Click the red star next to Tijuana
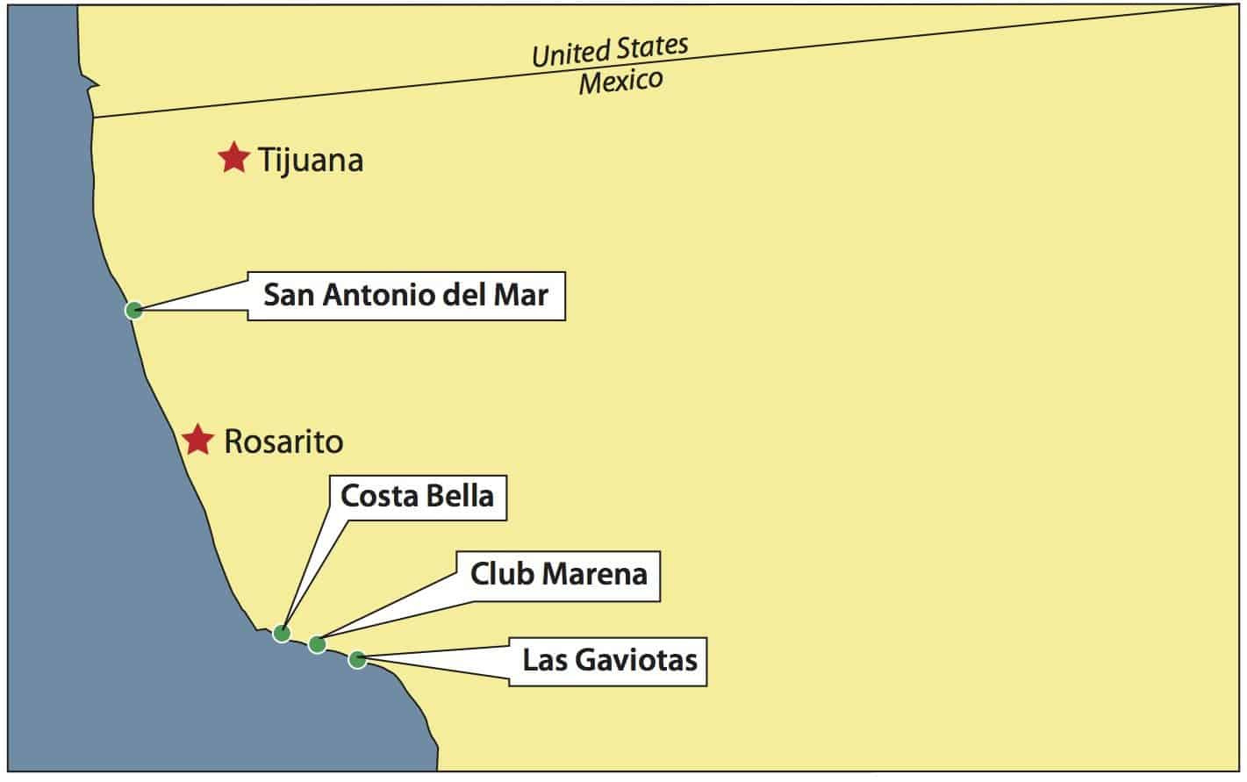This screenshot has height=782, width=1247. pos(233,158)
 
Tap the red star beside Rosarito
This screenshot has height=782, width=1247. pos(198,439)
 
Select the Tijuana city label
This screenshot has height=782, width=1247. pos(310,161)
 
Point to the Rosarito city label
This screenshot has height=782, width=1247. pos(283,441)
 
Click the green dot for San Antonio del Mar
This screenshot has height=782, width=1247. pos(133,309)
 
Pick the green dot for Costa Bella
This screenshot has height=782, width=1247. pos(282,633)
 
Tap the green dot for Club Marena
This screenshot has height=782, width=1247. pos(318,644)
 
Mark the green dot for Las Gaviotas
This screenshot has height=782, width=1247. pos(356,659)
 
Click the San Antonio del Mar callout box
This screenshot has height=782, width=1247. pos(405,296)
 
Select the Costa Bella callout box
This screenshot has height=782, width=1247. pos(417,497)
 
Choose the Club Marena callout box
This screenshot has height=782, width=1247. pos(558,575)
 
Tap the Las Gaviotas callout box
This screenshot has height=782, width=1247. pos(609,660)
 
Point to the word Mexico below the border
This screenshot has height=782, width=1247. pos(620,83)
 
